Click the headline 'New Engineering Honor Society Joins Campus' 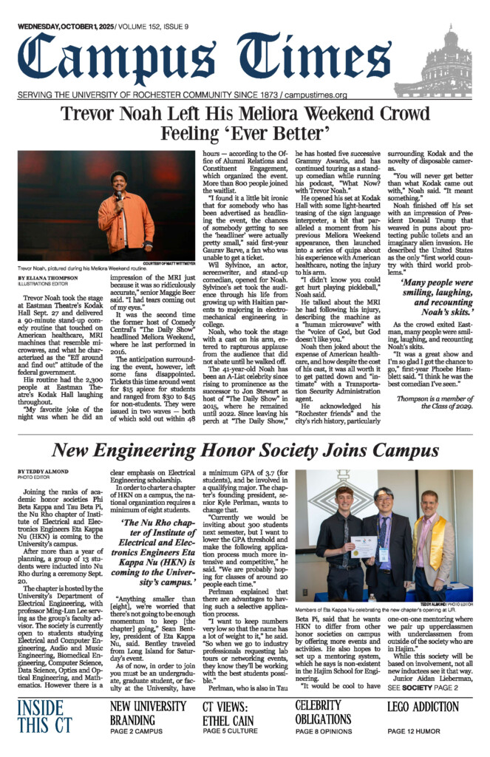coord(244,450)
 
